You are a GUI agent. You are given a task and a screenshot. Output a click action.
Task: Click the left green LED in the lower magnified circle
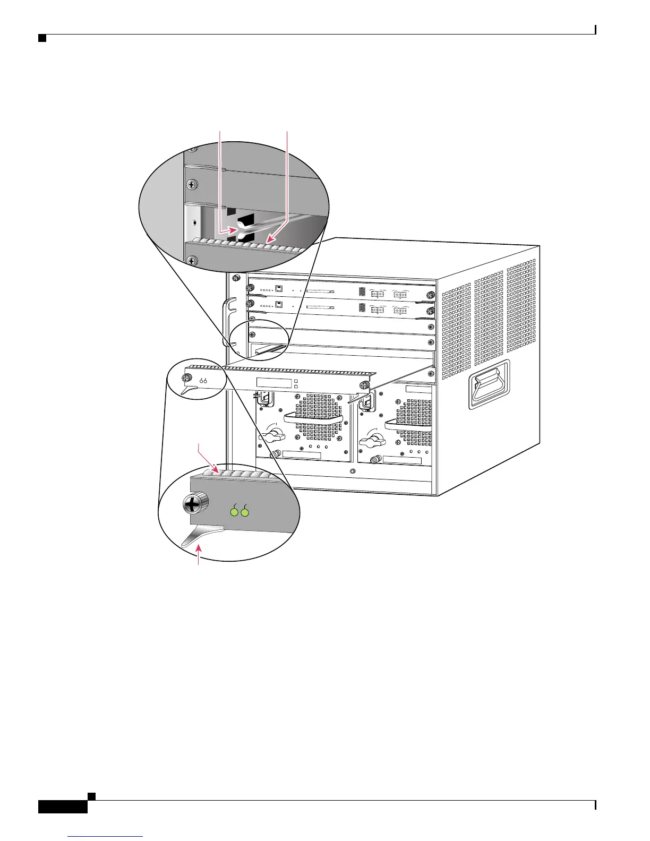[x=234, y=512]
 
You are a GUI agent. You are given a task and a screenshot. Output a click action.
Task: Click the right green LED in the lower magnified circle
[x=245, y=512]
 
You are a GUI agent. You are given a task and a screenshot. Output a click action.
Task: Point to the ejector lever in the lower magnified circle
[x=204, y=534]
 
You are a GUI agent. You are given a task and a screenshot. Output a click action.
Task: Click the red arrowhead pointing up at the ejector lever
[x=200, y=548]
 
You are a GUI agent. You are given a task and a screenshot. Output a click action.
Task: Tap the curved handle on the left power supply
[x=313, y=417]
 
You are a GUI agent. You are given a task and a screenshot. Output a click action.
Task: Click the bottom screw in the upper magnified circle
[x=192, y=260]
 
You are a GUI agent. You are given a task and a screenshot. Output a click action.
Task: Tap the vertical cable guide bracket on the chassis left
[x=227, y=321]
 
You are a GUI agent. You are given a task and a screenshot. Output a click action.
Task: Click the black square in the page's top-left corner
[x=41, y=38]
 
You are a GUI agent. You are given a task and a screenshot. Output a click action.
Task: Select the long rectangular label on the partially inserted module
[x=274, y=382]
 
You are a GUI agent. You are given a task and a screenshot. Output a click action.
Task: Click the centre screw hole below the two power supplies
[x=353, y=471]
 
